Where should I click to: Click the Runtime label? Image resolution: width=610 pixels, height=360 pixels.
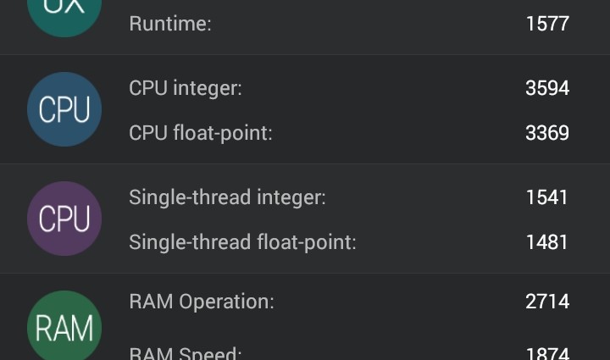(x=170, y=24)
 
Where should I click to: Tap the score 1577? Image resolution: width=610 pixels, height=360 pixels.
(x=547, y=24)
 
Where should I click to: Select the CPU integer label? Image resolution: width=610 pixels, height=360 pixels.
(x=186, y=88)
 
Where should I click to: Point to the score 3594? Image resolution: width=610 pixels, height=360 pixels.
(x=547, y=88)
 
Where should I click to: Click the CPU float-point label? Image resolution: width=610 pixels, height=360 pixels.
(x=201, y=133)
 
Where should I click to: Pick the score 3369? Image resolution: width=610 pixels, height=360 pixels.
(x=547, y=133)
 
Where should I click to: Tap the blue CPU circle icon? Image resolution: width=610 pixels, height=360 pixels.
(x=64, y=109)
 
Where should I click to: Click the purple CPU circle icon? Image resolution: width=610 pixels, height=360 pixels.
(x=64, y=219)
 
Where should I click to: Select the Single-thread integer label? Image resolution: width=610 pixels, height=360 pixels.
(x=227, y=197)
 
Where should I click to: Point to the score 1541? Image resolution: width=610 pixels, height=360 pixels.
(x=547, y=197)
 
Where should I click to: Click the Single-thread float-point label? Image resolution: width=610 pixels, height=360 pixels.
(x=242, y=242)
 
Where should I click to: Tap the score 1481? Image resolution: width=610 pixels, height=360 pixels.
(x=547, y=242)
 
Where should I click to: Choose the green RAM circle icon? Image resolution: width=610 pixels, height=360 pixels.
(x=64, y=327)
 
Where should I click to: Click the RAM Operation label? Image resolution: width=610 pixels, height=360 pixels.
(x=202, y=302)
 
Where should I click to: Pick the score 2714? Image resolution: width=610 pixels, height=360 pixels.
(x=547, y=302)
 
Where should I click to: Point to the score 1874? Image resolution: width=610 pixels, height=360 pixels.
(x=547, y=353)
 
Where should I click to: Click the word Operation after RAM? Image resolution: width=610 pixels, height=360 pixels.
(x=226, y=302)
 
